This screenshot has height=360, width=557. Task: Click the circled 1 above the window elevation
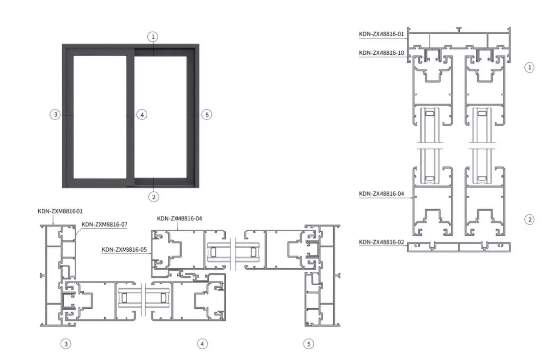point(153,37)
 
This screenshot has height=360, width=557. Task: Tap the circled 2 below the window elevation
point(153,196)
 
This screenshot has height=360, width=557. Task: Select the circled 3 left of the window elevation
point(55,114)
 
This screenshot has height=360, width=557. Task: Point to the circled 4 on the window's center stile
point(142,114)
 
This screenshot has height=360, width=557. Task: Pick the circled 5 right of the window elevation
point(207,114)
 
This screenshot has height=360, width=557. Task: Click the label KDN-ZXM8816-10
point(381,53)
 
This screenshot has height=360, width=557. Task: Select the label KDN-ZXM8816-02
point(381,242)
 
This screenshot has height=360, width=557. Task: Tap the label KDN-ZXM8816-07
point(104,225)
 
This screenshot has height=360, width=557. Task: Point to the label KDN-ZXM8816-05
point(124,250)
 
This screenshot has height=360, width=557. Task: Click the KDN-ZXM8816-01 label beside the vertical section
point(381,34)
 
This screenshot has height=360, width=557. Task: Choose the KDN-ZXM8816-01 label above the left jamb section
point(61,211)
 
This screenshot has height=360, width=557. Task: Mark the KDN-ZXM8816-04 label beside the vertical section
point(381,194)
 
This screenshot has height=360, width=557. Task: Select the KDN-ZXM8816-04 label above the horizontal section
point(179,218)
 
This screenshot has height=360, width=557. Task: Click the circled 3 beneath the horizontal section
point(66,344)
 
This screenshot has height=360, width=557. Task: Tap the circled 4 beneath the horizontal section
point(202,344)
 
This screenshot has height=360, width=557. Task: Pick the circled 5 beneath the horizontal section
point(308,344)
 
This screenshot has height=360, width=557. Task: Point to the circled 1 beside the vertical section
point(530,67)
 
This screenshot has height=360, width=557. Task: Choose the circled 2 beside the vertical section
point(530,219)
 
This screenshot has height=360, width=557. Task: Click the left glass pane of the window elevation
point(99,117)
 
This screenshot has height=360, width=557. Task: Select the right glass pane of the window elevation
point(161,117)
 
